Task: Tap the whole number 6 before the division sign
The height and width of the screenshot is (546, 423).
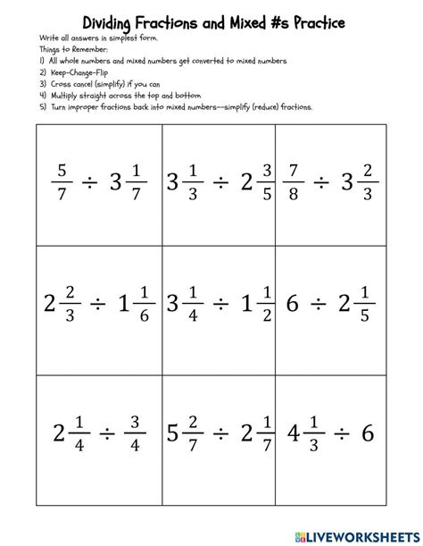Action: click(290, 304)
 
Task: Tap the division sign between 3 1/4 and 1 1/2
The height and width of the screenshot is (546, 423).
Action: click(219, 304)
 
